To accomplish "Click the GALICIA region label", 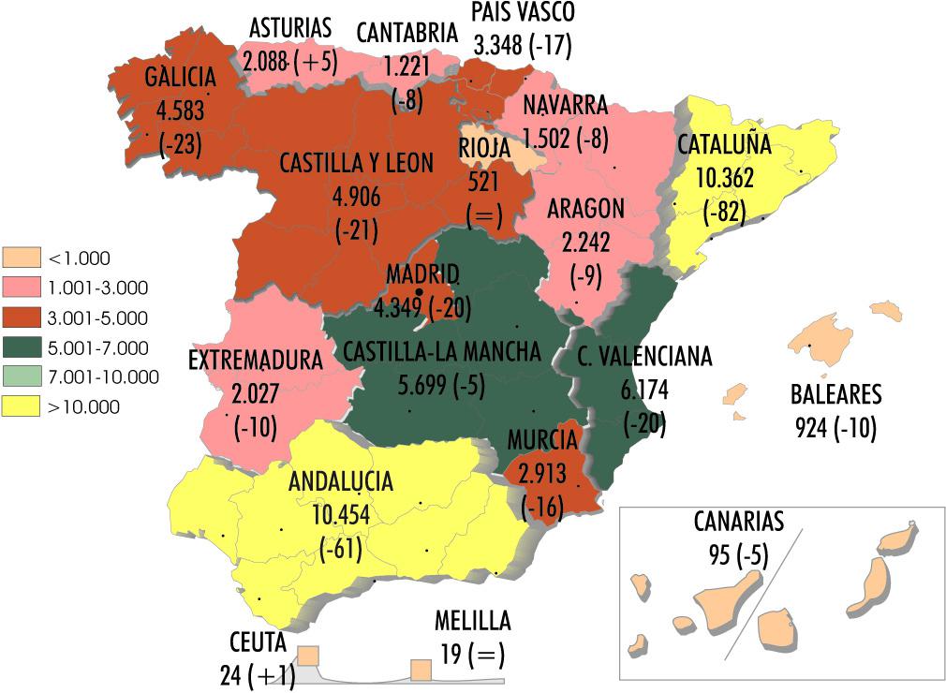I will tap(181, 77).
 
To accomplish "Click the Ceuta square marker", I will tap(308, 655).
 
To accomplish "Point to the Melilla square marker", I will tap(421, 670).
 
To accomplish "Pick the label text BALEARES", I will tap(835, 393).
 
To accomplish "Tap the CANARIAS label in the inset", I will tap(739, 522).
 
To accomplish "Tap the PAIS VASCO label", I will tap(523, 12).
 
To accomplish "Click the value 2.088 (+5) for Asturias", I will tap(288, 62).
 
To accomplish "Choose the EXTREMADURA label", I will tap(256, 360).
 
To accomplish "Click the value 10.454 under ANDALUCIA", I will tap(341, 515).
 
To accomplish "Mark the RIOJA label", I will tap(485, 149).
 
